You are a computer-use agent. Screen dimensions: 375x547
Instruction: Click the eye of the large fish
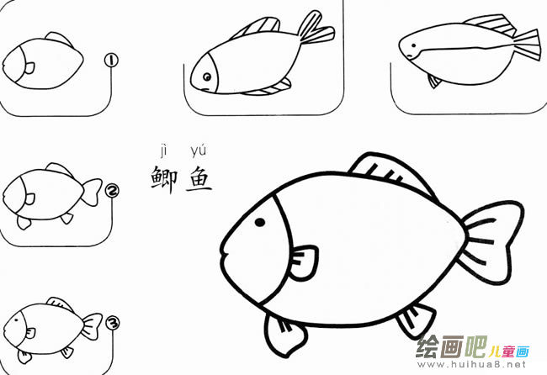260,222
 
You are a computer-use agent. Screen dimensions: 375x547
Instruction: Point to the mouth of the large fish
226,251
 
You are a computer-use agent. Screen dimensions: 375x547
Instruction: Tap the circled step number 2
111,190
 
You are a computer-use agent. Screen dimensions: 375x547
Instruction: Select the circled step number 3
112,322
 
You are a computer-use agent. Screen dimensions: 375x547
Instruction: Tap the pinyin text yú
199,151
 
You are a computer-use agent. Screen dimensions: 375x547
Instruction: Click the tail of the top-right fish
524,42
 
